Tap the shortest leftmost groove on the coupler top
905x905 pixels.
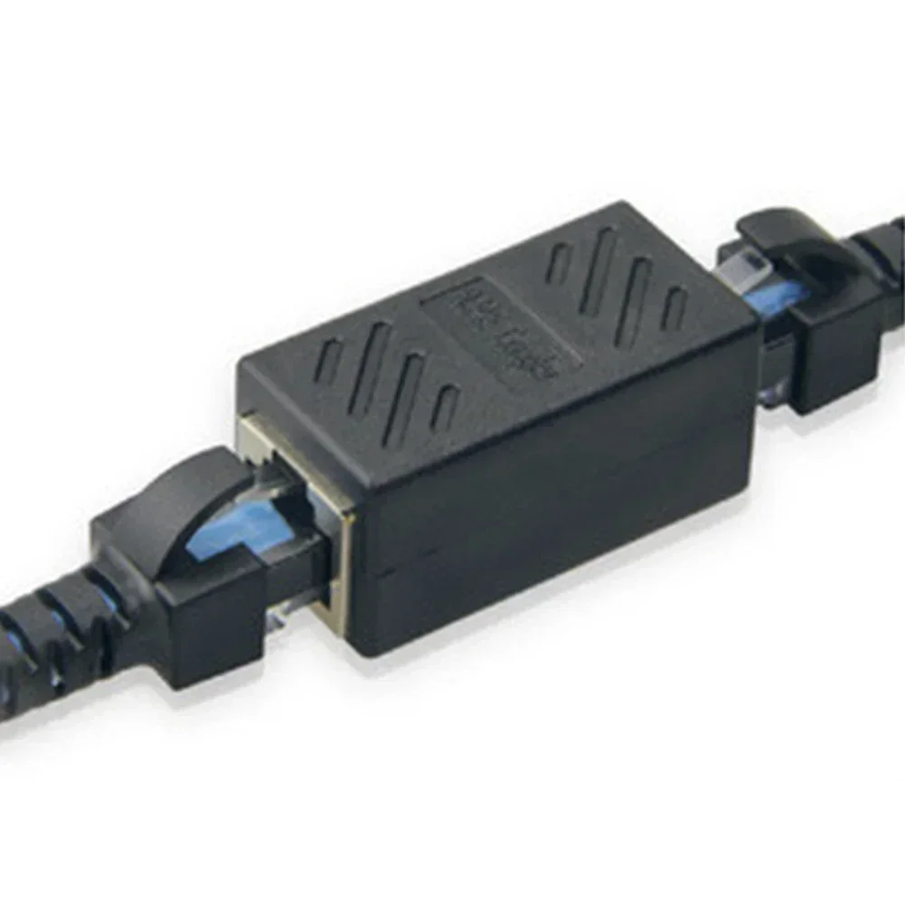pos(328,361)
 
